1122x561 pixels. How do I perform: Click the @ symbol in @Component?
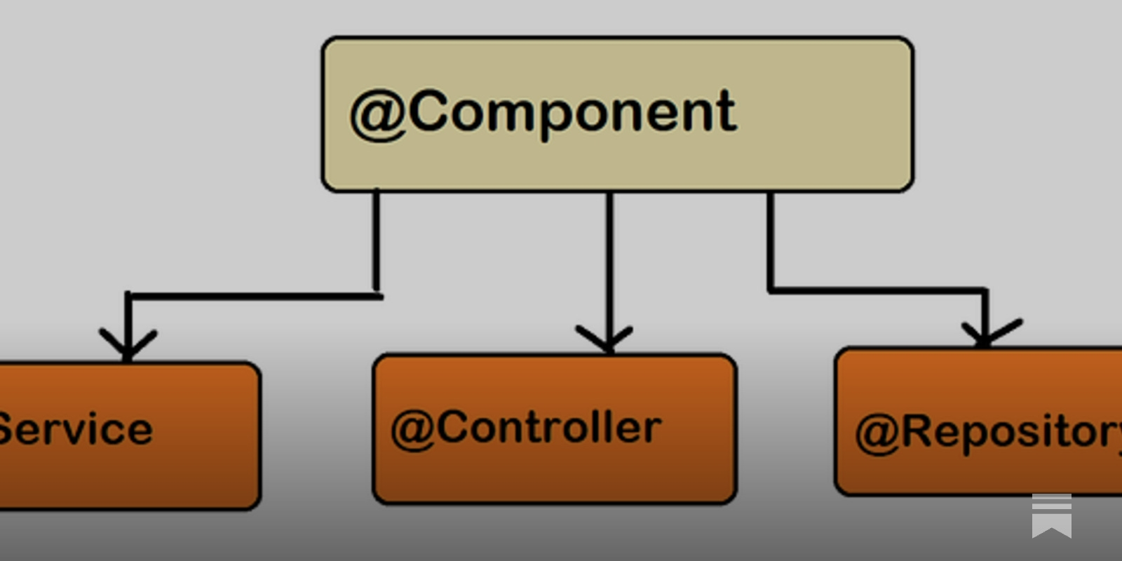(378, 114)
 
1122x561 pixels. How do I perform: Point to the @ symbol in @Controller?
(413, 429)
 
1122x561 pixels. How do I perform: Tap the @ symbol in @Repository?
(877, 433)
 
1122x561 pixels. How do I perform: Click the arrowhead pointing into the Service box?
(127, 346)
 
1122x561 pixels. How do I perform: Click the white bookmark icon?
(1051, 516)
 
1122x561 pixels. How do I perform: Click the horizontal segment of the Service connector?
(252, 297)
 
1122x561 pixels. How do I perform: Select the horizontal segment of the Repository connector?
(877, 289)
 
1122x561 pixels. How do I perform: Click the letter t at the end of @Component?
(725, 112)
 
